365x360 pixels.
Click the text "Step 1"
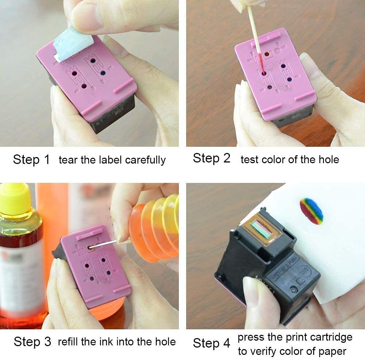[x=31, y=160]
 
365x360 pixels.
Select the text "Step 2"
[x=212, y=158]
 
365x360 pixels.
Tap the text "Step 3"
[x=32, y=342]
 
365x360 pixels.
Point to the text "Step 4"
[x=212, y=343]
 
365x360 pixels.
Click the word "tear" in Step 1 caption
[x=68, y=160]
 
